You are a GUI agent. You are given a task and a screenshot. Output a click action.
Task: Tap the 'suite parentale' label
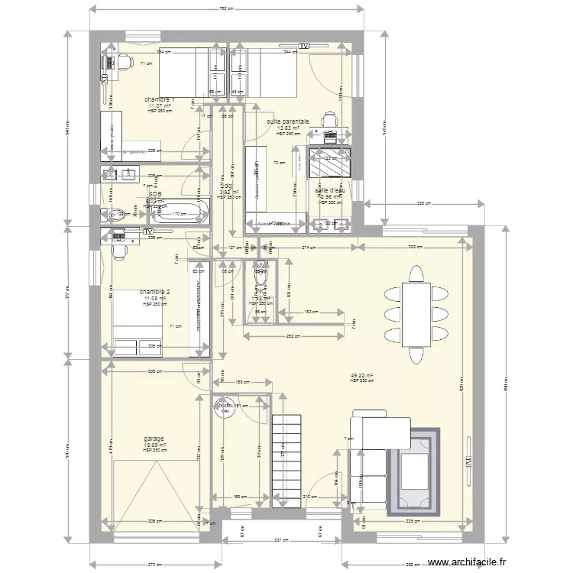(x=288, y=121)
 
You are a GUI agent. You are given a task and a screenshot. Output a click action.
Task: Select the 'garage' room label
(x=154, y=439)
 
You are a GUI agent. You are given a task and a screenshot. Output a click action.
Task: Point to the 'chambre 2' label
(x=155, y=292)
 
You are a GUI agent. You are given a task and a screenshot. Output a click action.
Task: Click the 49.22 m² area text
(x=361, y=375)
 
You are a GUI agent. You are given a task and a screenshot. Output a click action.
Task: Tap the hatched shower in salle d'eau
(x=330, y=162)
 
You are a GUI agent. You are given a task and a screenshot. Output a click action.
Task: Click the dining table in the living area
(x=416, y=314)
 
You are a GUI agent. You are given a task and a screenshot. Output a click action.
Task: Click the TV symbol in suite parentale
(x=305, y=47)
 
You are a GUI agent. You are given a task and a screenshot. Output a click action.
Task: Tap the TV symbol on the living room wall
(x=468, y=461)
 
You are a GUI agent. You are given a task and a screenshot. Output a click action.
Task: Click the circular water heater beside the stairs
(x=225, y=409)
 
